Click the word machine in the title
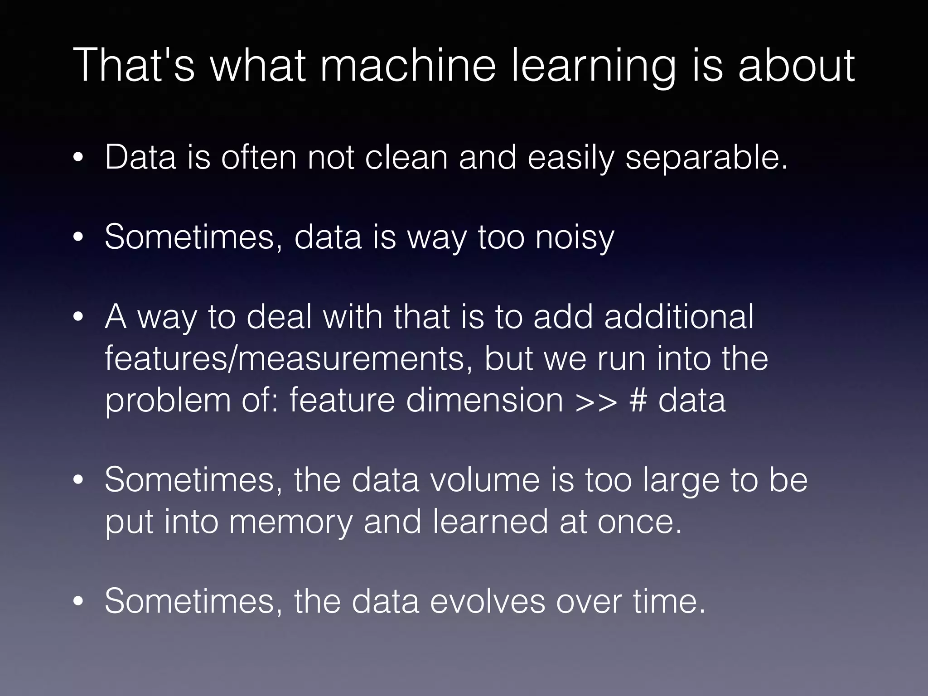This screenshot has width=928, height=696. click(408, 66)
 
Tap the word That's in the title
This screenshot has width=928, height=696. click(134, 66)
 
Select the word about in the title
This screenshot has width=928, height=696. click(796, 66)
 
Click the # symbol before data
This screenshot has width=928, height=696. click(638, 400)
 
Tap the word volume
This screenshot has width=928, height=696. click(485, 479)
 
